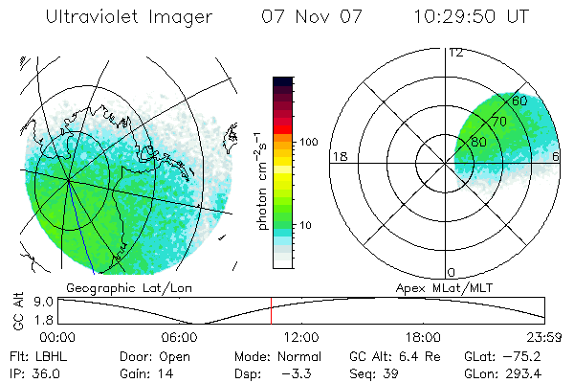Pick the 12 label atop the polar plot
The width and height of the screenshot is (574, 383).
[x=455, y=52]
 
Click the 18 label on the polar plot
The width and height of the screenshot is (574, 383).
[x=338, y=156]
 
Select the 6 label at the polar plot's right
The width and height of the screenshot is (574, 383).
[x=556, y=156]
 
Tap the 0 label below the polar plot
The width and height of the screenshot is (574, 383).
[x=452, y=272]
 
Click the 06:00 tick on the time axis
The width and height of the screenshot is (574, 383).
[x=180, y=337]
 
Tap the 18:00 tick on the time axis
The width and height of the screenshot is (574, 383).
[x=423, y=337]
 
